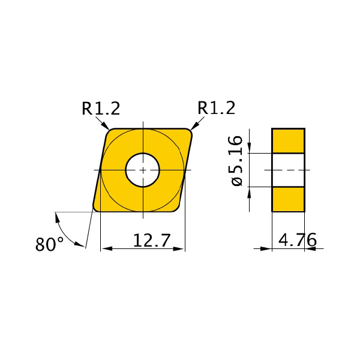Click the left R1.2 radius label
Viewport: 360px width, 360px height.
click(101, 109)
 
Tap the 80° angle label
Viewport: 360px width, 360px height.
click(49, 244)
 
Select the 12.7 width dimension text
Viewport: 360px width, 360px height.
click(152, 240)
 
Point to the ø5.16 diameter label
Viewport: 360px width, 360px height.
click(237, 161)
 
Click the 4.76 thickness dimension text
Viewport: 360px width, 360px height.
click(298, 239)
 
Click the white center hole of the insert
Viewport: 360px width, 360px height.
click(143, 170)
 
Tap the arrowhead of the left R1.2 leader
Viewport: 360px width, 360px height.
click(106, 126)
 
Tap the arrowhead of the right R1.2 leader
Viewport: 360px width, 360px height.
click(194, 126)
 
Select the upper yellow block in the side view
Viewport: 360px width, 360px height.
click(289, 141)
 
